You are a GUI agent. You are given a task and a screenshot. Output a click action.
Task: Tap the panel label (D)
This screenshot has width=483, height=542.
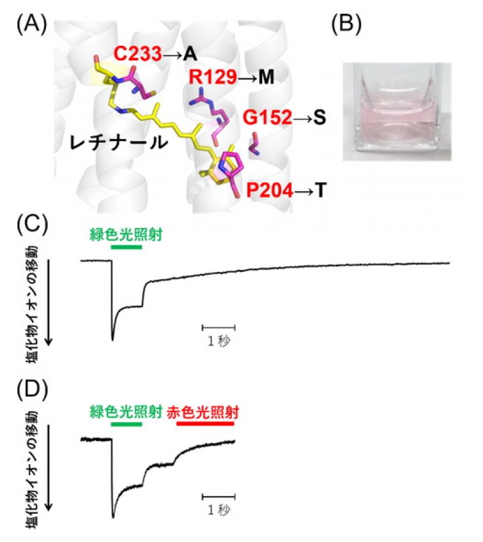(32, 390)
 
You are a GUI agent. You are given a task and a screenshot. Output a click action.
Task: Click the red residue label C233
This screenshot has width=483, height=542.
(138, 54)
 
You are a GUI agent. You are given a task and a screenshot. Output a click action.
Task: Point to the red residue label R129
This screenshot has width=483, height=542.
(213, 77)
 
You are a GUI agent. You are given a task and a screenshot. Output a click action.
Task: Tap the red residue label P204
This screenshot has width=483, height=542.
(270, 191)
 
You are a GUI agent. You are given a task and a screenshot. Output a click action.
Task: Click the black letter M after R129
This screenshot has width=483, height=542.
(266, 77)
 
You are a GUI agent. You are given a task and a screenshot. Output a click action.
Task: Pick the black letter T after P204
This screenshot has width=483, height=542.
(321, 191)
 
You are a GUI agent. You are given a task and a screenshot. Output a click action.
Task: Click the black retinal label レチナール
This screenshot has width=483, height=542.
(118, 142)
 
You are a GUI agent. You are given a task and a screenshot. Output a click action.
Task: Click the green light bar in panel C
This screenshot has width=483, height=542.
(126, 247)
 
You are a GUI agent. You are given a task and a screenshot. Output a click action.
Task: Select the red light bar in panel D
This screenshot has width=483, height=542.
(205, 423)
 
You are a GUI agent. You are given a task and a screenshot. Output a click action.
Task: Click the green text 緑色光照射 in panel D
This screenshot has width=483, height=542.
(126, 412)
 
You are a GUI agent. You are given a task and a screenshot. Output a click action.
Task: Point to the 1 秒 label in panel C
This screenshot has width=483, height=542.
(219, 341)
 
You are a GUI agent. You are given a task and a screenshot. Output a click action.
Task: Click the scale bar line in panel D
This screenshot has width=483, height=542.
(219, 497)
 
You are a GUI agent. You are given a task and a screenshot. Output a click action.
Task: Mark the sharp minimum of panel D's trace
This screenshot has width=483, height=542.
(113, 517)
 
